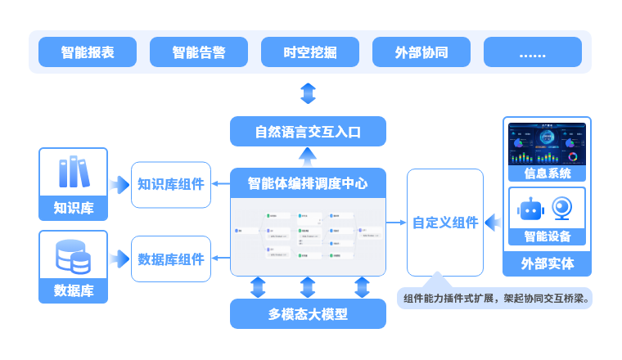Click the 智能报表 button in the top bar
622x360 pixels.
[88, 52]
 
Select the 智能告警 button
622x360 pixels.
[199, 52]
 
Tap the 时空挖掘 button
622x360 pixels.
[310, 52]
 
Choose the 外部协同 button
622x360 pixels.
[421, 52]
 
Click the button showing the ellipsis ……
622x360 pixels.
[533, 52]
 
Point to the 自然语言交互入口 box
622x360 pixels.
[308, 132]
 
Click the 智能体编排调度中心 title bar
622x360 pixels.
[308, 183]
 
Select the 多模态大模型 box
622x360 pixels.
[308, 314]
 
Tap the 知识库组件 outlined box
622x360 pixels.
[171, 184]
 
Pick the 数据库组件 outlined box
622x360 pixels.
[171, 259]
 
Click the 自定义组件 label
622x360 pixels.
[445, 223]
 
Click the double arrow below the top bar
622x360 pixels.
[308, 93]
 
